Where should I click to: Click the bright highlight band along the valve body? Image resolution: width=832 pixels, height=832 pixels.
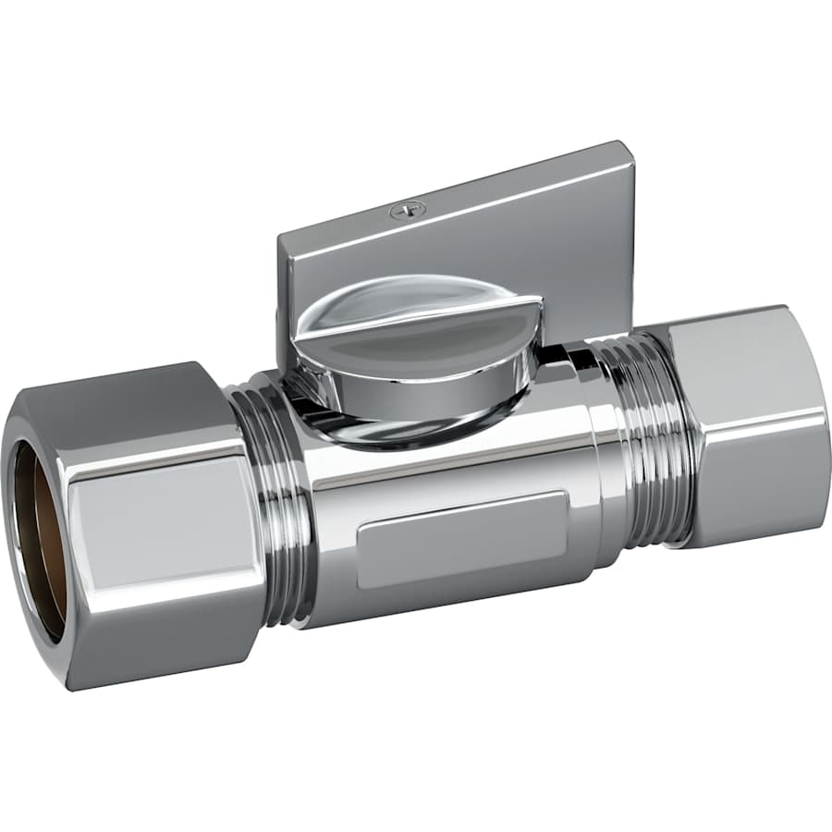(x=444, y=467)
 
